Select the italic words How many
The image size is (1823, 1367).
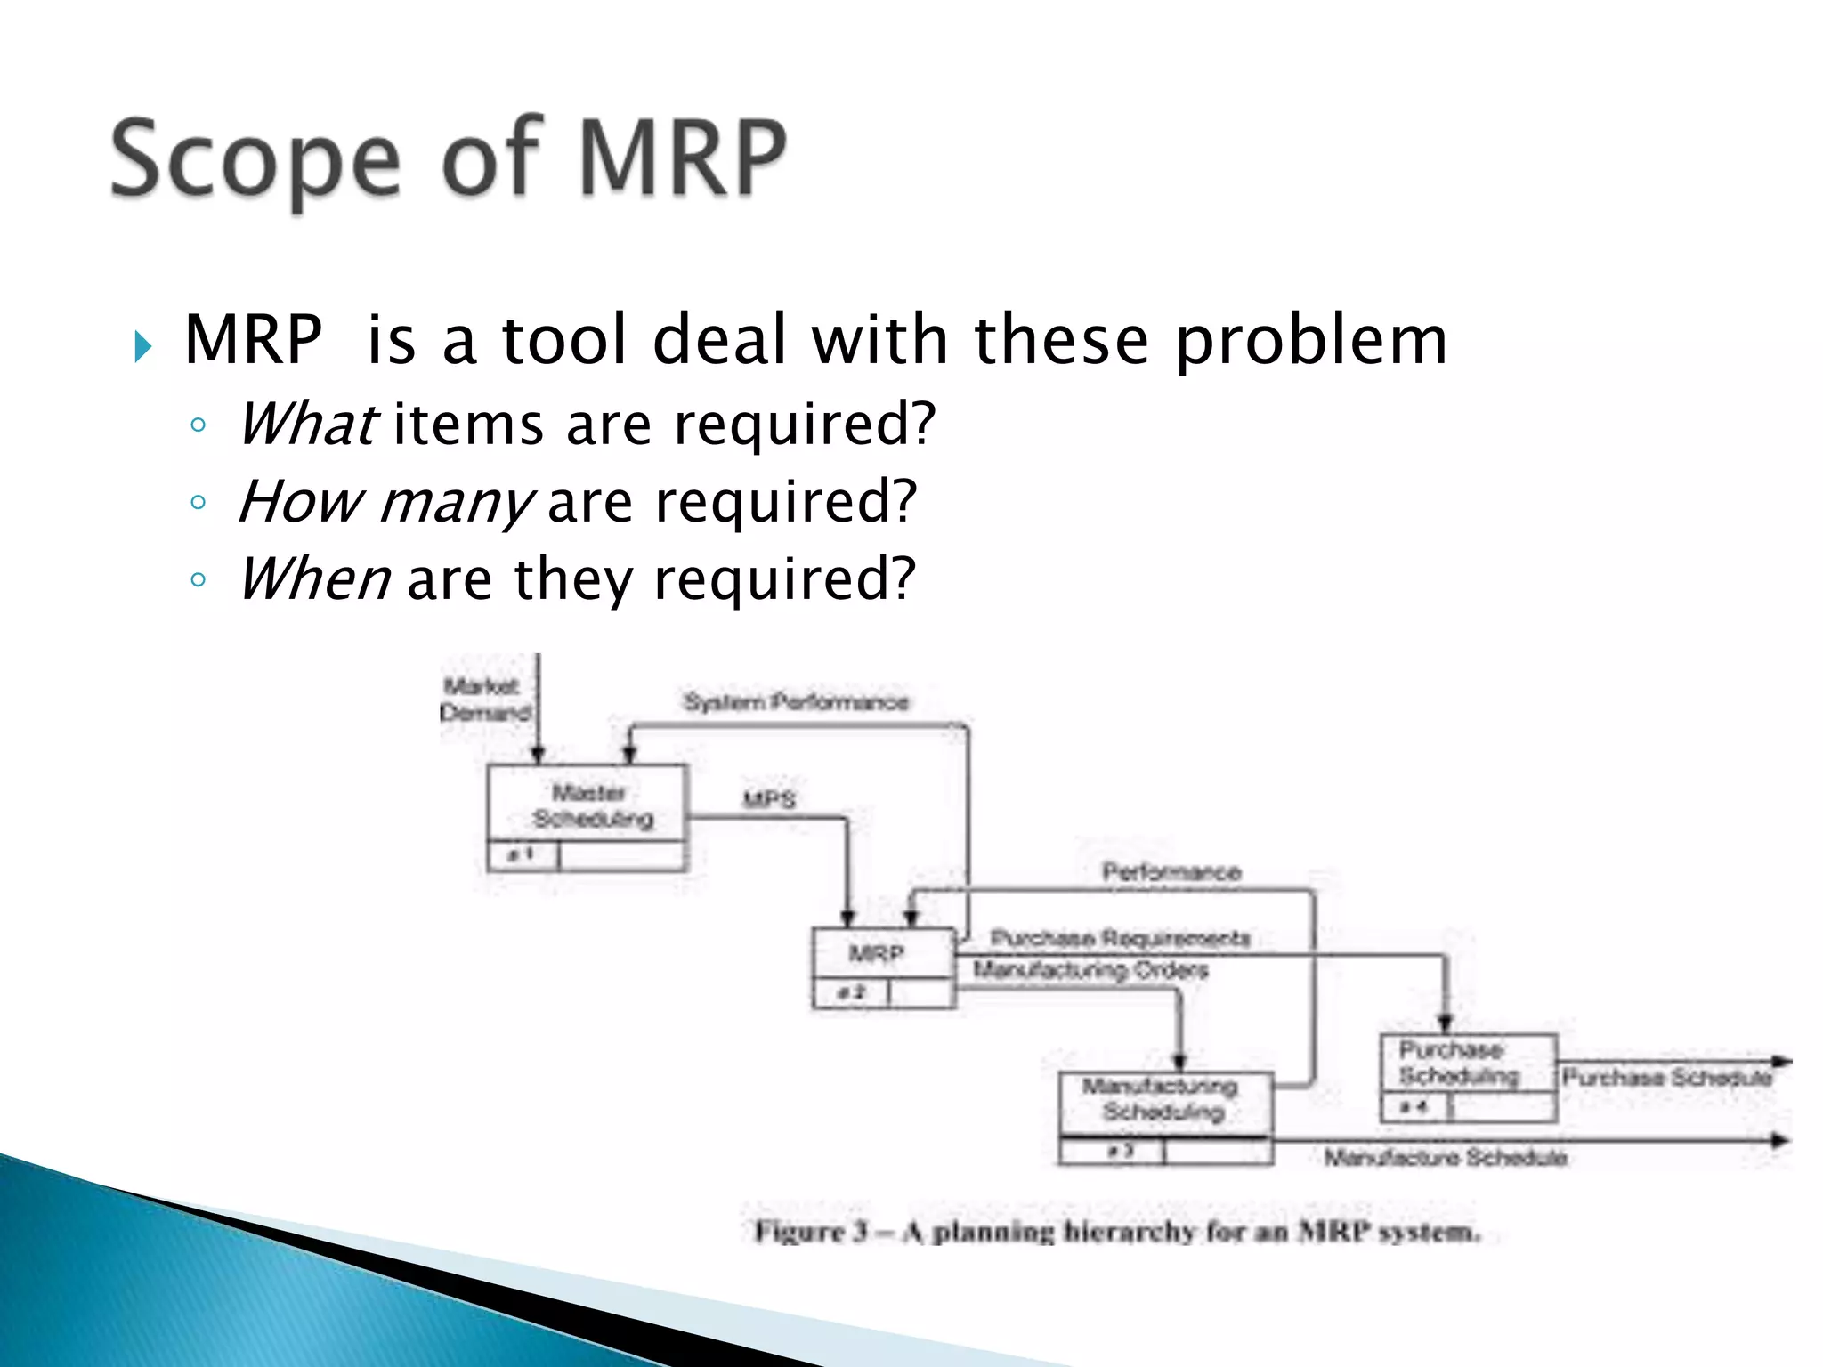tap(385, 502)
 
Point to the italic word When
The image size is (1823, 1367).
tap(314, 579)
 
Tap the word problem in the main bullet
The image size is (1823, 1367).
tap(1310, 340)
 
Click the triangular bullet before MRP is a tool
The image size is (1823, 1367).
tap(143, 346)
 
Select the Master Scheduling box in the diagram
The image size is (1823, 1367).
tap(587, 816)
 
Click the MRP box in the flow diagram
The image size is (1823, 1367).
tap(883, 967)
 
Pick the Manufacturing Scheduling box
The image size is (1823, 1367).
tap(1164, 1117)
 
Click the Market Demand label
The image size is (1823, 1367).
tap(485, 700)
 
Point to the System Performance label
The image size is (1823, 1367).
tap(796, 702)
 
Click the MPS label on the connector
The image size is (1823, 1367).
tap(769, 799)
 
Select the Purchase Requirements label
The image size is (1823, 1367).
tap(1120, 938)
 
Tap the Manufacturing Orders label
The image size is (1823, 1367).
tap(1090, 969)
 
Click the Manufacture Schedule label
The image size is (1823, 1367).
tap(1445, 1158)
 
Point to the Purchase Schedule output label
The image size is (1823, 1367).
tap(1666, 1078)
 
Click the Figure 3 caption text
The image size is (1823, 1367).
tap(1117, 1233)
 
